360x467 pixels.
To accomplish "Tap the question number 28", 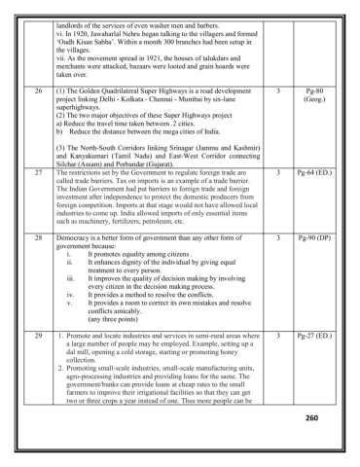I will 38,236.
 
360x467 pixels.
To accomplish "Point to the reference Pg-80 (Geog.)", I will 314,93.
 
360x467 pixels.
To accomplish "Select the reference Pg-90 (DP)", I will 314,236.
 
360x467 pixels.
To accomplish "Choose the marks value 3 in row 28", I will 278,236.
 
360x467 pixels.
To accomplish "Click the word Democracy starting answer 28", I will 78,236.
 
